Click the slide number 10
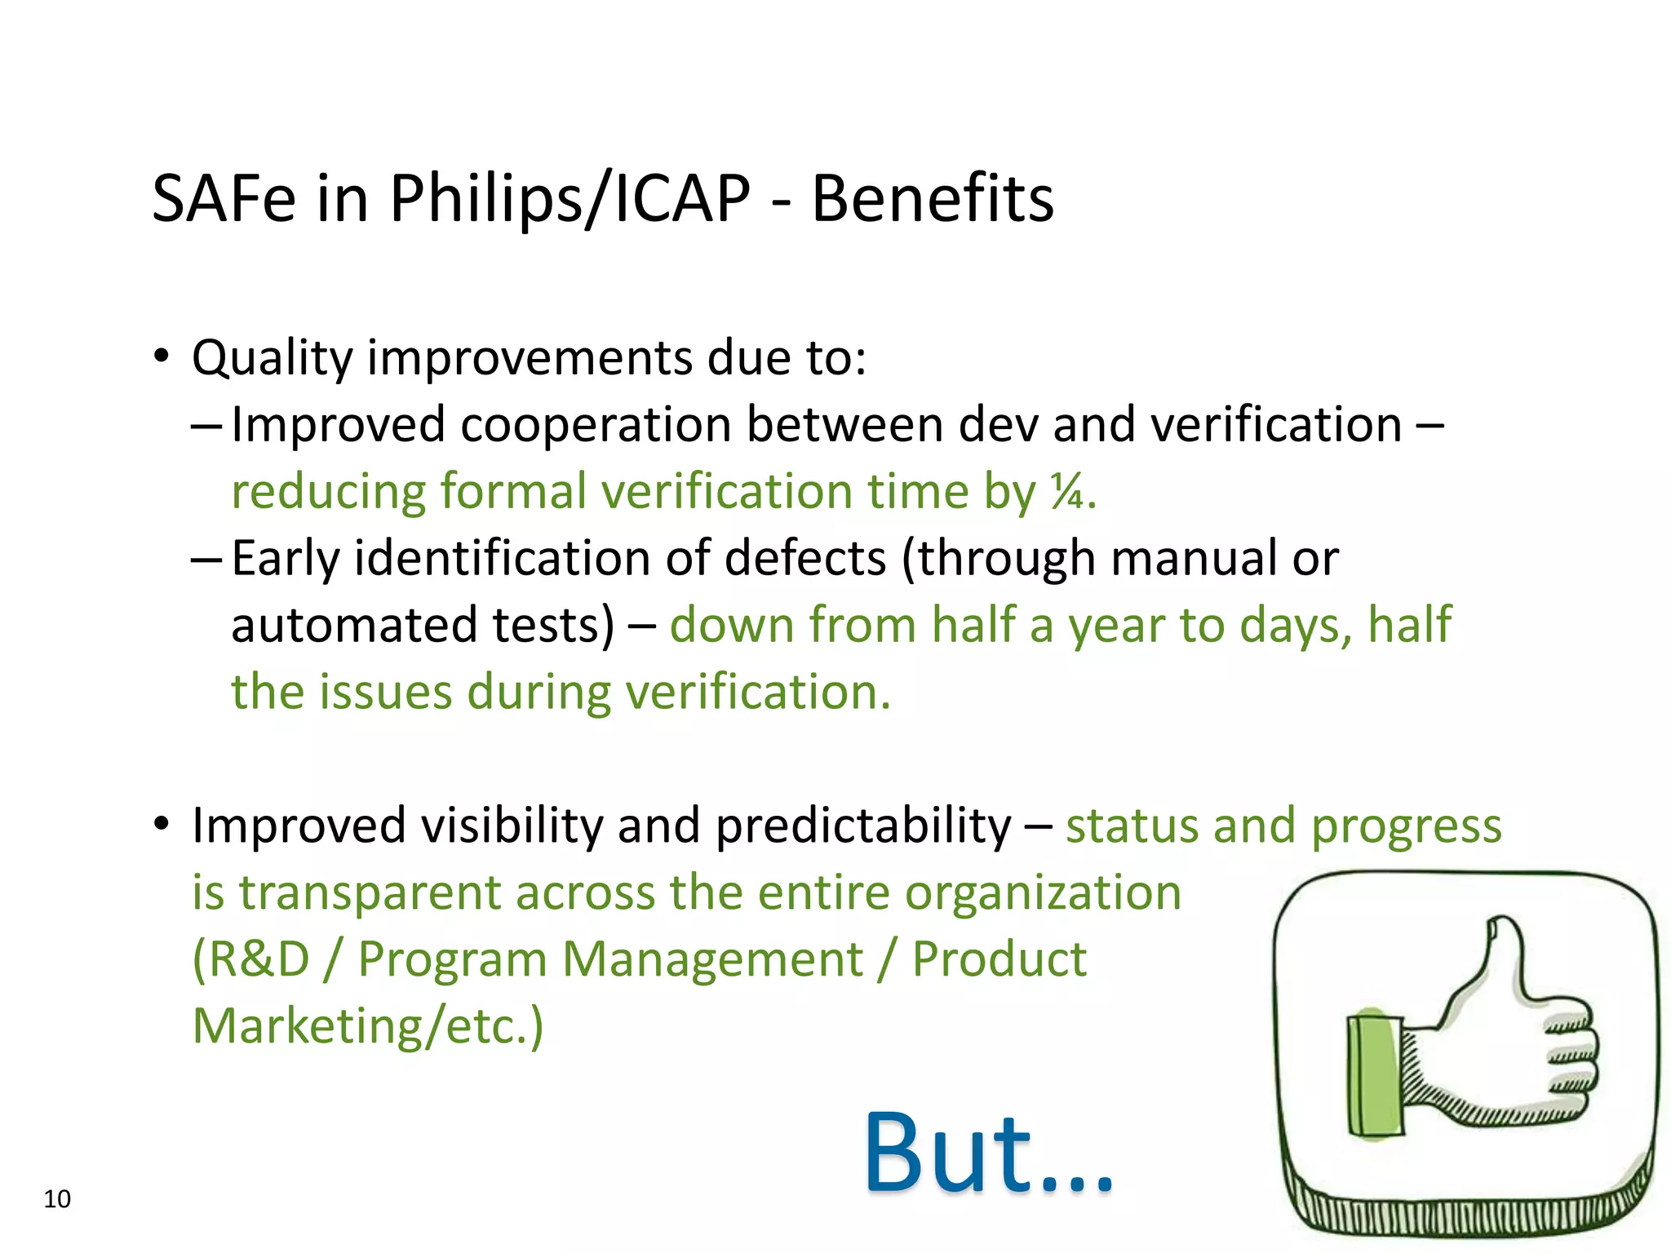click(57, 1198)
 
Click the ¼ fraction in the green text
click(1066, 492)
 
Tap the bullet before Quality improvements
click(161, 357)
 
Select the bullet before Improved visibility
click(161, 825)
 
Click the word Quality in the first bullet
click(272, 359)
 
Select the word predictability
click(862, 826)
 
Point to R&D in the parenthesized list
click(251, 959)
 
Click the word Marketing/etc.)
click(367, 1026)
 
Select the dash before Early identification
click(205, 559)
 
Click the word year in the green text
click(1116, 626)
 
